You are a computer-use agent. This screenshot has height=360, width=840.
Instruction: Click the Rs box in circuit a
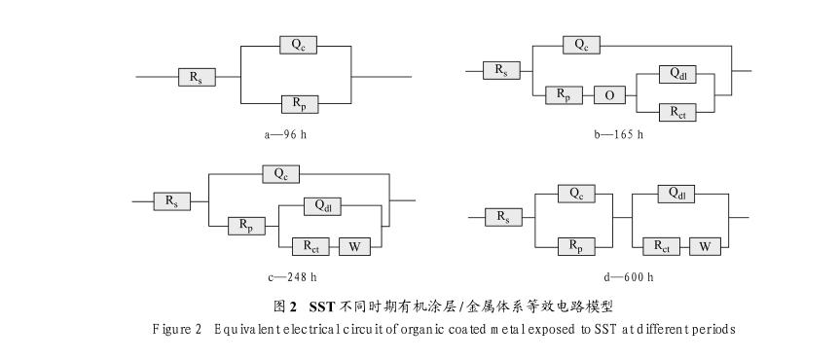[197, 77]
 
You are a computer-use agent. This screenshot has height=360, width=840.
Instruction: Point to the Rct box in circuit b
[677, 112]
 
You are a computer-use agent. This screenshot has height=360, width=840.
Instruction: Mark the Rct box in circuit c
[310, 244]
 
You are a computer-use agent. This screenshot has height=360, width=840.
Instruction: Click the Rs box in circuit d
[502, 218]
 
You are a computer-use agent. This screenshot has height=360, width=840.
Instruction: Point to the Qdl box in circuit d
[677, 194]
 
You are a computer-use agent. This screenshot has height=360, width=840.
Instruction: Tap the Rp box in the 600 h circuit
[575, 245]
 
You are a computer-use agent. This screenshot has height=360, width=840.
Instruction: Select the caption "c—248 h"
[291, 277]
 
